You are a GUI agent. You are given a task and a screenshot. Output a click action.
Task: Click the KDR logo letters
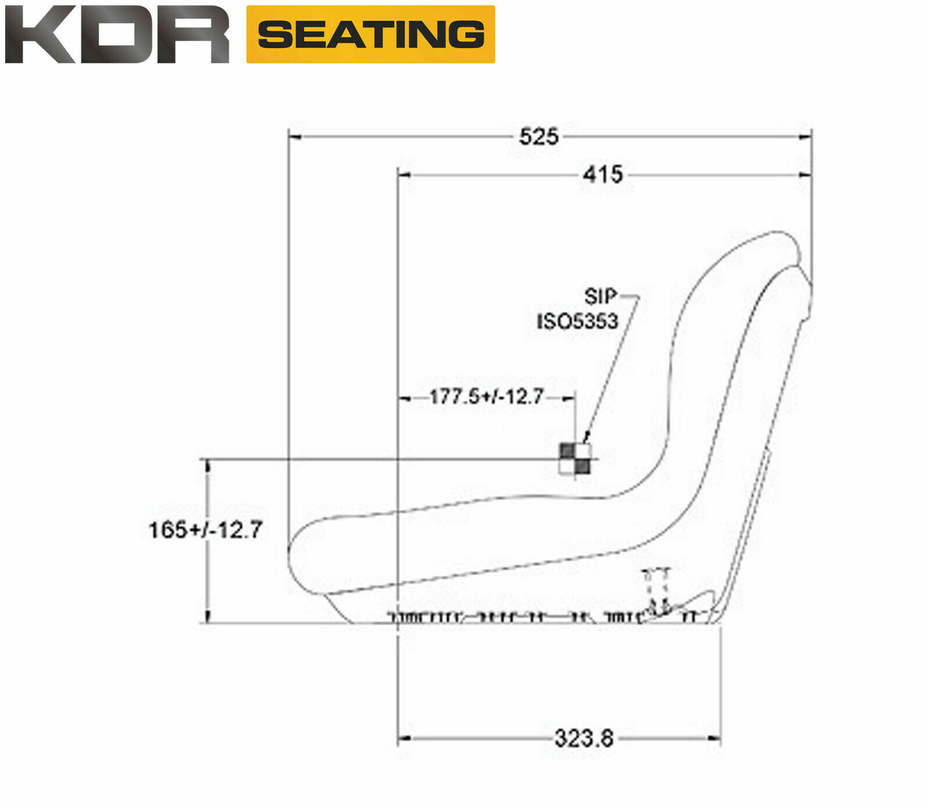[x=116, y=35]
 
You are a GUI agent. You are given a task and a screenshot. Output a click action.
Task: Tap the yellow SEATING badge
[x=370, y=34]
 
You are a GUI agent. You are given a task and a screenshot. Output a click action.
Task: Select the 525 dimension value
[x=538, y=137]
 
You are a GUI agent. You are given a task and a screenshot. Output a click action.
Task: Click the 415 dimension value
[x=603, y=174]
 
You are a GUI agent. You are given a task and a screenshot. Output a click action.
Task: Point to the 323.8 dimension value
[x=584, y=738]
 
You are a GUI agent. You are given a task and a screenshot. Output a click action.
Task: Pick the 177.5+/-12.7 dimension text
[x=486, y=397]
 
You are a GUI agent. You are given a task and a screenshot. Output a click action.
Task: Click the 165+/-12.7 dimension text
[x=206, y=530]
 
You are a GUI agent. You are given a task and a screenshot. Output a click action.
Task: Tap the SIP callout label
[x=600, y=297]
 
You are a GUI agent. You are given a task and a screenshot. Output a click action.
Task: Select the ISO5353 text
[x=577, y=321]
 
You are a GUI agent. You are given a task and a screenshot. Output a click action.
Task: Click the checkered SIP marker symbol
[x=575, y=459]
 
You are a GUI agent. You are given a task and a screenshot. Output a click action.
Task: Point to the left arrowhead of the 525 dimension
[x=295, y=137]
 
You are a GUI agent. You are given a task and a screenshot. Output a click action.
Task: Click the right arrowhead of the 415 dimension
[x=806, y=174]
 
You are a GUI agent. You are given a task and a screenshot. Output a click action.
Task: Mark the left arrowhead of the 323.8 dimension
[x=404, y=738]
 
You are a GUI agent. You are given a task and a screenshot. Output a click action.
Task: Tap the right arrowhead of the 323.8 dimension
[x=714, y=738]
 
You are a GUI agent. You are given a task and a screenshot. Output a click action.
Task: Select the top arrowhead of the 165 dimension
[x=208, y=465]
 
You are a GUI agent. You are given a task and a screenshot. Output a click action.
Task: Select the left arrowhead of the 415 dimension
[x=404, y=174]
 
